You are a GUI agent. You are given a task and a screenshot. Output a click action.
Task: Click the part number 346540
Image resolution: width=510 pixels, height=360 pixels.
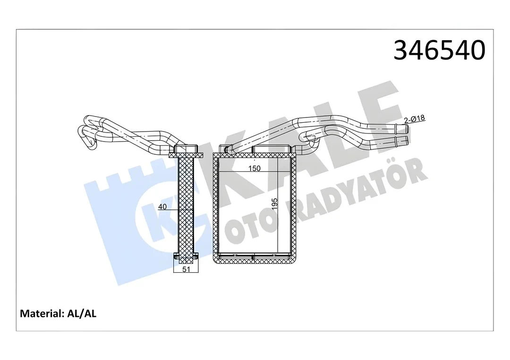439,50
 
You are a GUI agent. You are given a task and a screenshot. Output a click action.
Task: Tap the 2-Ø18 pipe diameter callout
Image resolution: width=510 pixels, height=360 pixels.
414,119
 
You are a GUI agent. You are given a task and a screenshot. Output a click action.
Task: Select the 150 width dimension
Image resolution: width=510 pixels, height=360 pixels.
255,169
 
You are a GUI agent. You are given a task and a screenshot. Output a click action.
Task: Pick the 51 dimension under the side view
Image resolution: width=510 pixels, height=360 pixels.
187,269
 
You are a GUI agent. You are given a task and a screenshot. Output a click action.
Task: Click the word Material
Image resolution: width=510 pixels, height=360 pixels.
40,313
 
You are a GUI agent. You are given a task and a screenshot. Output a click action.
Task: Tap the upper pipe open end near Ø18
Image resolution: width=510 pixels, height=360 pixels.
399,128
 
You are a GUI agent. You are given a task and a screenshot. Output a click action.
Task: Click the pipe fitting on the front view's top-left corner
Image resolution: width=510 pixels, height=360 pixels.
228,150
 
